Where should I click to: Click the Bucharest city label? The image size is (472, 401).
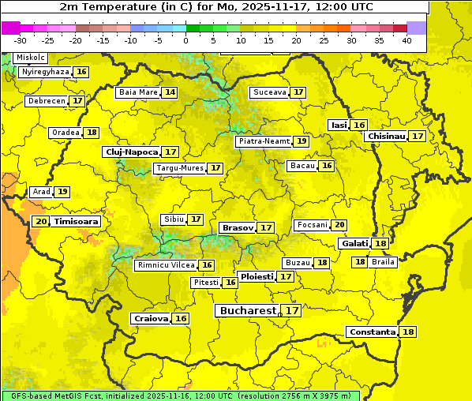click(247, 311)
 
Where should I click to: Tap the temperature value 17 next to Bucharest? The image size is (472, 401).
click(292, 311)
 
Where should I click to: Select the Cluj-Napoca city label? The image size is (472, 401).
click(131, 152)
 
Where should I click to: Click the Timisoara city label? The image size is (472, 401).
click(77, 222)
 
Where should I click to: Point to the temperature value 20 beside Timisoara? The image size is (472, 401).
click(41, 222)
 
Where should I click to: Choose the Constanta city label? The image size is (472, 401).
click(371, 332)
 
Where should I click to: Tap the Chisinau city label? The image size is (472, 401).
click(386, 136)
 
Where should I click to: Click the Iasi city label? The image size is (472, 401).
click(338, 125)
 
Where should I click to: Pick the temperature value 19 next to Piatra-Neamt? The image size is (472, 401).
click(302, 141)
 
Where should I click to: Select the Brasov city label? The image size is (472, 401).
click(238, 227)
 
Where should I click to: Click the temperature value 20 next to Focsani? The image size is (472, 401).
click(339, 225)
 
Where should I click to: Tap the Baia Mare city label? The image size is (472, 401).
click(138, 92)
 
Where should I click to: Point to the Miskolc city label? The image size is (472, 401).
click(31, 58)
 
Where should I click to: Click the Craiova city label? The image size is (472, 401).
click(151, 318)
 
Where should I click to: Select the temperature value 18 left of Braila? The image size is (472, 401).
click(359, 262)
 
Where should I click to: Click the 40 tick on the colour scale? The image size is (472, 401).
click(406, 39)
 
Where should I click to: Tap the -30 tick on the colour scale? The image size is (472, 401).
click(21, 39)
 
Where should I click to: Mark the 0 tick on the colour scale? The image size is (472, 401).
click(185, 39)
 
